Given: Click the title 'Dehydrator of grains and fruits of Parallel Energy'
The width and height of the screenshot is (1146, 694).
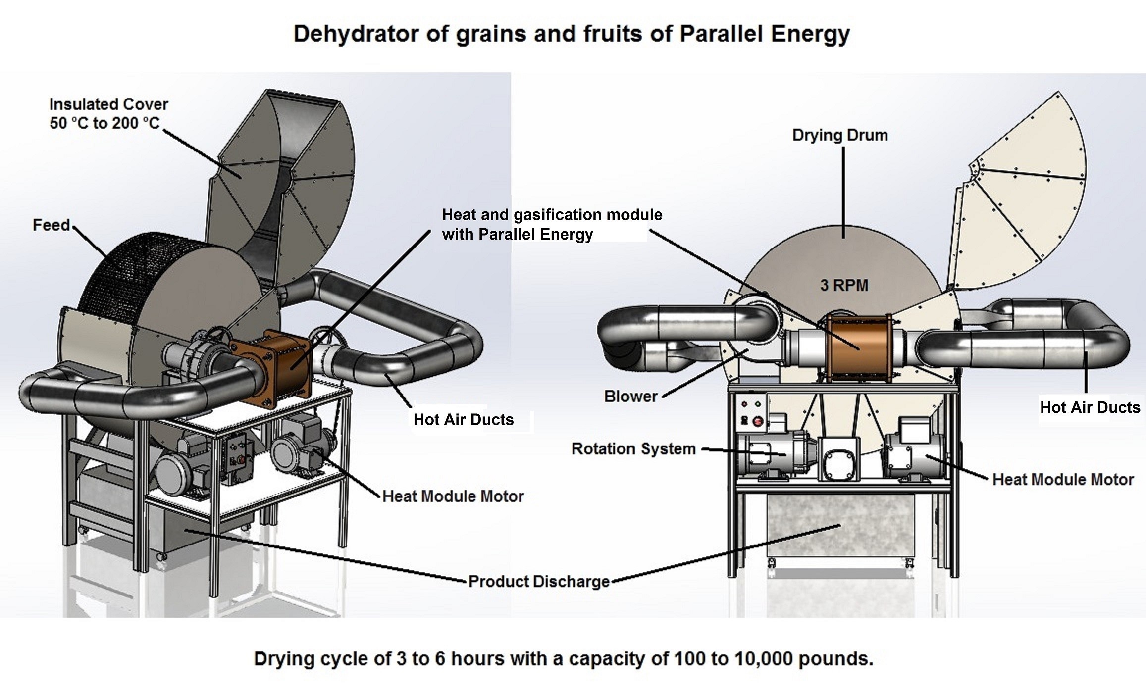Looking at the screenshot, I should pos(572,34).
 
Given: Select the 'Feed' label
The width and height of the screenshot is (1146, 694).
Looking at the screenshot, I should pos(51,225).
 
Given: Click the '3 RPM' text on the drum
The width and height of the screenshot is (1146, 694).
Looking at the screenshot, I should pos(844,285).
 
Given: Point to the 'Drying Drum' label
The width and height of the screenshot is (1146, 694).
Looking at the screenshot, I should pos(840,135).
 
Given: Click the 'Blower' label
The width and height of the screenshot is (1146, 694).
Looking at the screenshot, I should pos(630,396).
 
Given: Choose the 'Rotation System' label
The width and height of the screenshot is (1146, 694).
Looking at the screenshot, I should pos(633,449).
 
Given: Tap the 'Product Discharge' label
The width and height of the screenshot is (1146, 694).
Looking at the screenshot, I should pos(539,581).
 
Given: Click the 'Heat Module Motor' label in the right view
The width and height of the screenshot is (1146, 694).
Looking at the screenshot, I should pos(1063,479).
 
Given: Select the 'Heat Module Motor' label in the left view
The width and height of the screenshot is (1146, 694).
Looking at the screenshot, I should pos(453,496).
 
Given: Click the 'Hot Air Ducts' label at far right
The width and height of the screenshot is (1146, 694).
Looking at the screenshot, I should pos(1090,407).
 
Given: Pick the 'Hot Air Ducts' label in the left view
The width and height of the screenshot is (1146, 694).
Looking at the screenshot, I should pos(464,420).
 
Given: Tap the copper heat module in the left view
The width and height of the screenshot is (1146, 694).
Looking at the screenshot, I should pos(287,358).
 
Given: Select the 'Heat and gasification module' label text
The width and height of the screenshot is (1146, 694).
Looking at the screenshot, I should pos(552,224).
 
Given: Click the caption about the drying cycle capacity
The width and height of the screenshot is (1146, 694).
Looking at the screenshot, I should pos(563,659).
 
